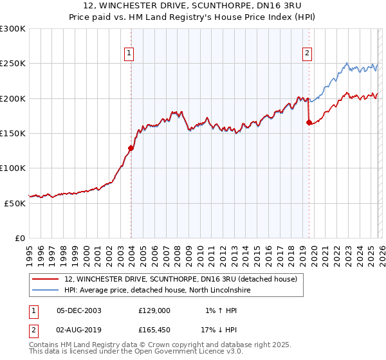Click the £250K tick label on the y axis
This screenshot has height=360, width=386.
(13, 64)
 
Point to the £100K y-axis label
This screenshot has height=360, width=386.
(13, 168)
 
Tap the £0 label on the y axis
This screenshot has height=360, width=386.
(19, 238)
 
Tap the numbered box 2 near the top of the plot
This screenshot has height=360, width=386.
(308, 53)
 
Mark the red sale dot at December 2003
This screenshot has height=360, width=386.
(131, 148)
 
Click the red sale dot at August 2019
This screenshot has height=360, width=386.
(309, 122)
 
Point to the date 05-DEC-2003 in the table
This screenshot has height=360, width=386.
(79, 310)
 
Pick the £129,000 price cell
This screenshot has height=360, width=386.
(154, 310)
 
